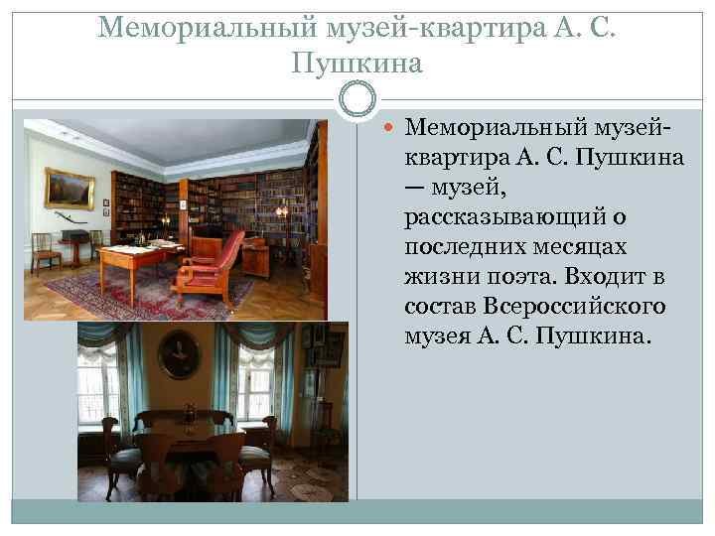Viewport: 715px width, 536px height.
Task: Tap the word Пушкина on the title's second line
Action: coord(357,64)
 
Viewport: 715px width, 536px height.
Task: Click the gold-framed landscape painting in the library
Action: coord(70,188)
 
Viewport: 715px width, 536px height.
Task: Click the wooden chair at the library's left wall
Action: coord(44,252)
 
